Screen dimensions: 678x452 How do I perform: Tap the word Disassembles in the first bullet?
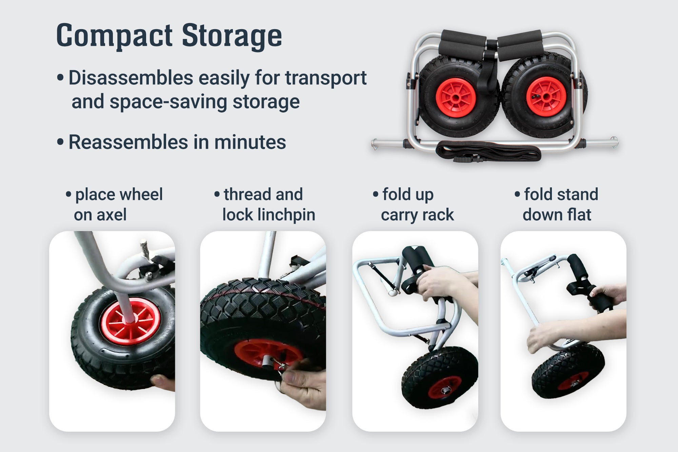[131, 78]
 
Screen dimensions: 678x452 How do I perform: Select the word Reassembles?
[128, 142]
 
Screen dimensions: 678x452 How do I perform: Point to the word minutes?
[250, 142]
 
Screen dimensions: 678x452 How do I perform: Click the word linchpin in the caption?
[286, 215]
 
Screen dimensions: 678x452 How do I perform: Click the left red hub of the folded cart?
[456, 97]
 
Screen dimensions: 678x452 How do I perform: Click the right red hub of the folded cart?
[546, 97]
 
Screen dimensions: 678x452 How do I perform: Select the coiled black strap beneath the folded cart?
[488, 152]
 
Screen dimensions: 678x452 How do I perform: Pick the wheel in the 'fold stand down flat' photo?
[568, 371]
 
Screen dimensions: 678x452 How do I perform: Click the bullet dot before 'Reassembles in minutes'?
[60, 142]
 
